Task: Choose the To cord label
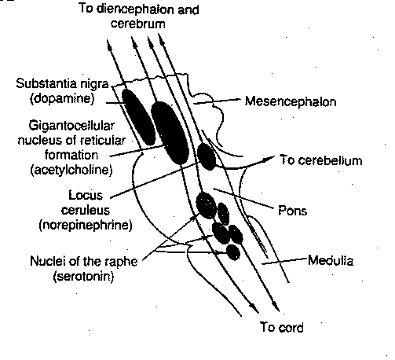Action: [280, 327]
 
